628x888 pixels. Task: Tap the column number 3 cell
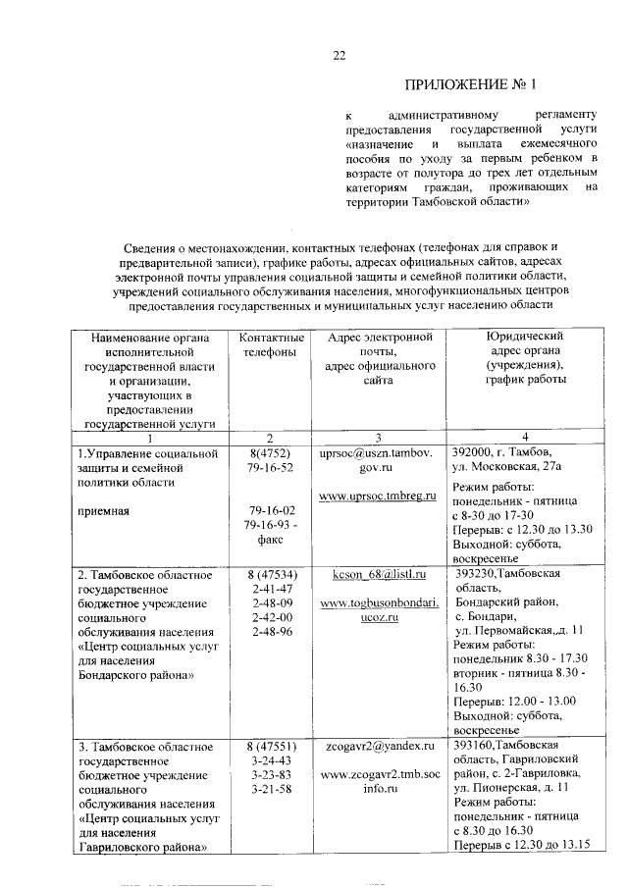click(x=377, y=436)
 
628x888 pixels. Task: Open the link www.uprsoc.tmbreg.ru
click(x=377, y=498)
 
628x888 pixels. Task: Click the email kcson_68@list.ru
click(x=377, y=572)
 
